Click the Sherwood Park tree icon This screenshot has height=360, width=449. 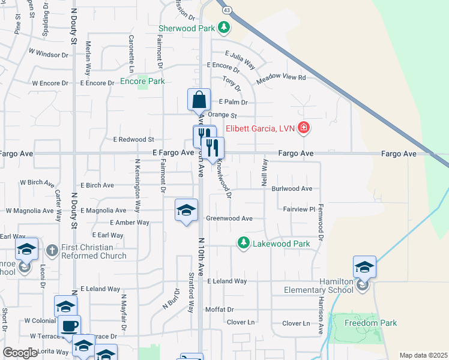224,28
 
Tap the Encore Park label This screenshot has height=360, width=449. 142,81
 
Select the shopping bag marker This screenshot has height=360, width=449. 199,100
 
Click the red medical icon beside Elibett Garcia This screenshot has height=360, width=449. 304,127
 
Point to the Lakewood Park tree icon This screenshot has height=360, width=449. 243,243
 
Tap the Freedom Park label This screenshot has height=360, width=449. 371,323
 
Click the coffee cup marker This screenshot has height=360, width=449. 69,326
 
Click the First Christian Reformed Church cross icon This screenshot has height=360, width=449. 52,250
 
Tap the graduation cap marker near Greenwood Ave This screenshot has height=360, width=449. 187,211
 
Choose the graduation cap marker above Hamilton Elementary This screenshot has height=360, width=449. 364,266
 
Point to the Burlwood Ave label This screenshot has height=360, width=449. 292,188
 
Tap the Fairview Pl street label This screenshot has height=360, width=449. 299,209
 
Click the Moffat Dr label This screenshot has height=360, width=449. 219,310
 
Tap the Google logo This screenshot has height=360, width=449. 20,353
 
